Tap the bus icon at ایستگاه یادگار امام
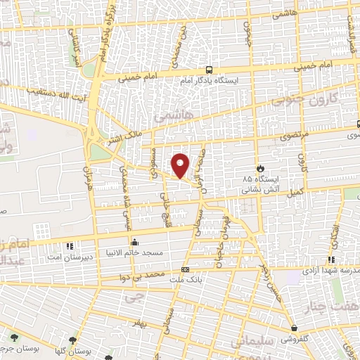pyautogui.click(x=209, y=70)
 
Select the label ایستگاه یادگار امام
pyautogui.click(x=209, y=81)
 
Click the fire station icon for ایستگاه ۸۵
pyautogui.click(x=261, y=169)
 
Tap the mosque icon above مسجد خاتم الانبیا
pyautogui.click(x=134, y=241)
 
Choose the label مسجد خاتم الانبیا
pyautogui.click(x=134, y=252)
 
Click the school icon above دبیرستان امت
pyautogui.click(x=69, y=246)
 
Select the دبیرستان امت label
pyautogui.click(x=68, y=257)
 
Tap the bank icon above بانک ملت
pyautogui.click(x=184, y=269)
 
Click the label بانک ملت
pyautogui.click(x=184, y=281)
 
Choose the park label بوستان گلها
pyautogui.click(x=73, y=349)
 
